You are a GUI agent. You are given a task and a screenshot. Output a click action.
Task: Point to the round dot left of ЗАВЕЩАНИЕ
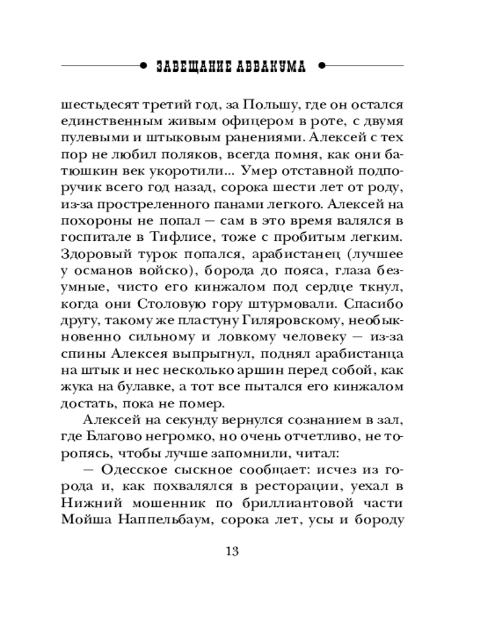pyautogui.click(x=144, y=66)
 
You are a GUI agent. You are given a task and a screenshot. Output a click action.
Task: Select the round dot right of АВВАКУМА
pyautogui.click(x=322, y=66)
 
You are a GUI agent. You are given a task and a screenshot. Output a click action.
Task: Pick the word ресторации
pyautogui.click(x=273, y=487)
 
